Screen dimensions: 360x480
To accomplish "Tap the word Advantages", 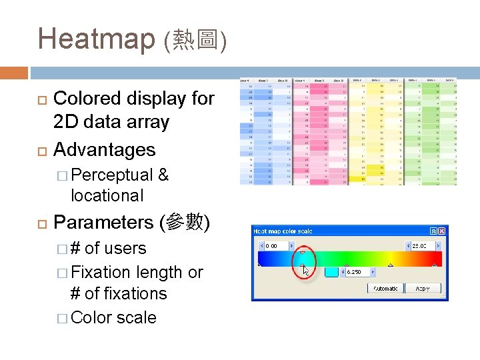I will [x=104, y=150].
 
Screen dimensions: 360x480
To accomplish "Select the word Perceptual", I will [x=112, y=175].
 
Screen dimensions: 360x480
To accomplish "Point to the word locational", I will [x=107, y=196].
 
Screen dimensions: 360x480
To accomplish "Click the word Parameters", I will [x=103, y=222].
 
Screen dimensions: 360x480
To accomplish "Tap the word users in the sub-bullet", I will [x=125, y=249].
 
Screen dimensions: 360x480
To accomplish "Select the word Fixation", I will [x=101, y=273].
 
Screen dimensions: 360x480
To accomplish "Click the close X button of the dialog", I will [x=439, y=231].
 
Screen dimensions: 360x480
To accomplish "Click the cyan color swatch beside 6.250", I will [x=332, y=272].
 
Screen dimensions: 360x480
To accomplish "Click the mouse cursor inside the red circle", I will [x=305, y=269].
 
